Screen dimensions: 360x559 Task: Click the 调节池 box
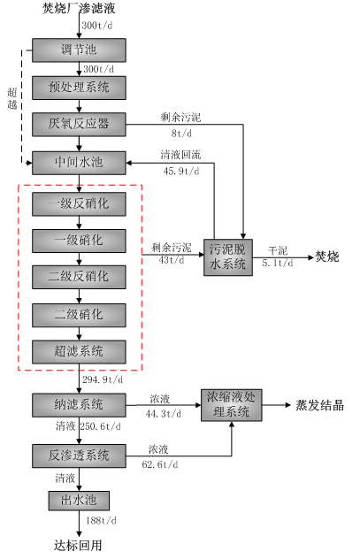coord(79,50)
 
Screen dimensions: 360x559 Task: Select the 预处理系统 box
coord(79,88)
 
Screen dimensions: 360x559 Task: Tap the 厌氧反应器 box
coord(79,125)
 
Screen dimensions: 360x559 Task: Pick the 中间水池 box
coord(79,163)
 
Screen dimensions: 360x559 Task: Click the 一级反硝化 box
coord(79,204)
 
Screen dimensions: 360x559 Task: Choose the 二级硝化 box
coord(79,315)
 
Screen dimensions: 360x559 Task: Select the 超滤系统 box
coord(79,352)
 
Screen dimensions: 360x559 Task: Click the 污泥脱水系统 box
coord(228,257)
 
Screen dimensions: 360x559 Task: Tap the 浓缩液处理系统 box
coord(232,405)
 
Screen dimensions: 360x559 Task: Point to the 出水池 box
coord(79,501)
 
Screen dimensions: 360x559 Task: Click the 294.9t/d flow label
coord(103,379)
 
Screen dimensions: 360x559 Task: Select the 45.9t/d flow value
coord(181,171)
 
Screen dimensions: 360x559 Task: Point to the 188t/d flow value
coord(101,520)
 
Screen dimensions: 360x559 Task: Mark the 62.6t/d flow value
coord(160,464)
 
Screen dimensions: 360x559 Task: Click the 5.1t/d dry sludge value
coord(278,263)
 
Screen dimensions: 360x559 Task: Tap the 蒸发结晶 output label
coord(319,405)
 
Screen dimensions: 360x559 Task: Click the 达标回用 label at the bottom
coord(78,546)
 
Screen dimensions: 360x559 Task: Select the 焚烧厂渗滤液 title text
coord(79,8)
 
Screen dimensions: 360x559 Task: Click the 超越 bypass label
coord(12,99)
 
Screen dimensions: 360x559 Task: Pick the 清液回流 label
coord(180,155)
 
